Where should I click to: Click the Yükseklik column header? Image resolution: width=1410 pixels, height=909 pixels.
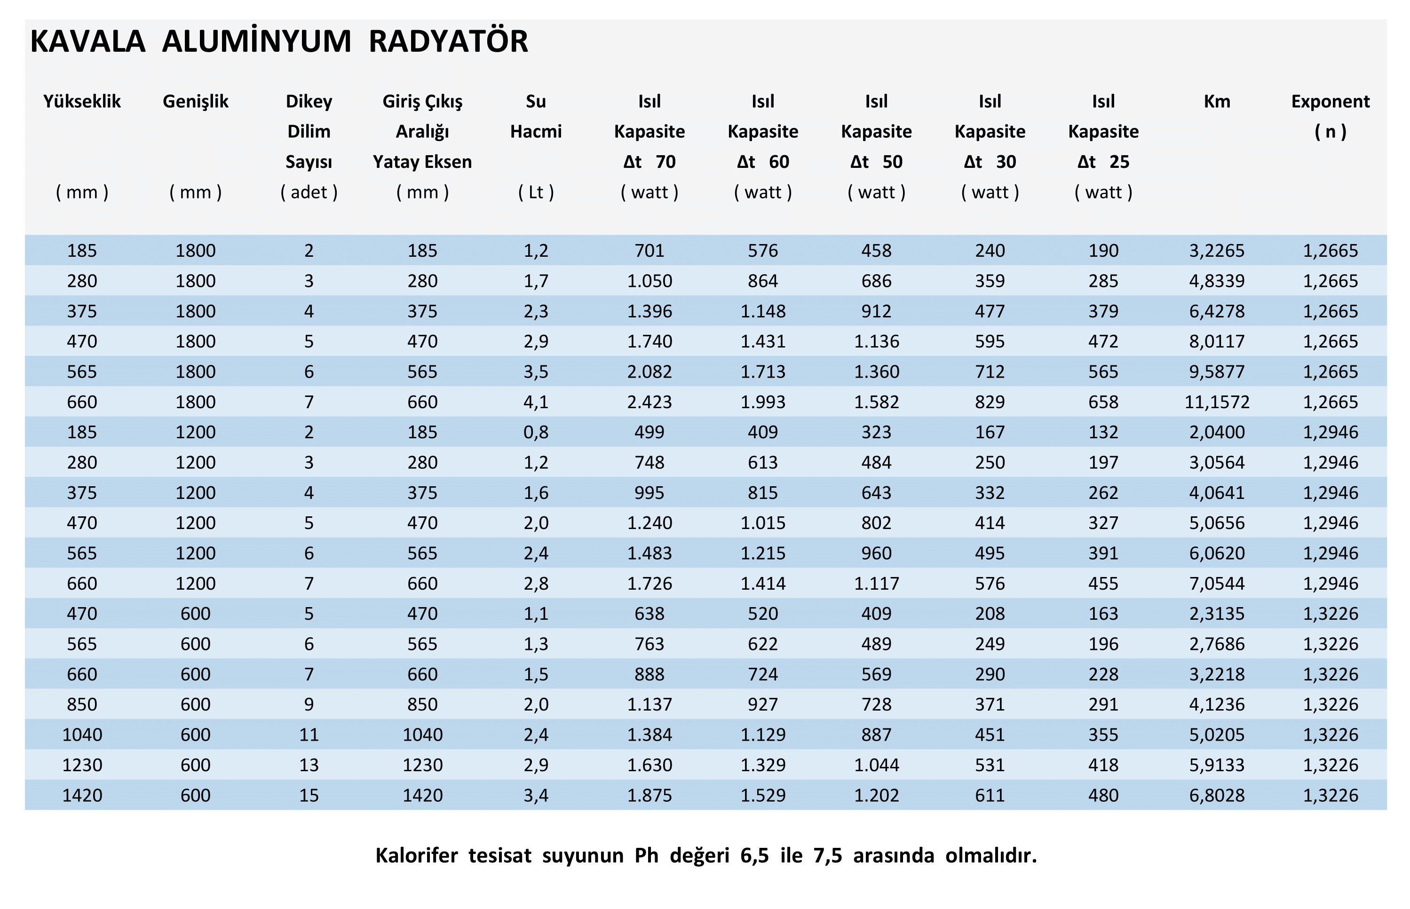pos(81,102)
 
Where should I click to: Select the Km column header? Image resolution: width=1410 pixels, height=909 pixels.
pos(1216,102)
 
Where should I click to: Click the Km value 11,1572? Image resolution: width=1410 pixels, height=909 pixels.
pos(1216,402)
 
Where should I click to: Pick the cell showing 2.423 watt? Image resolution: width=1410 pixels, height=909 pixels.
pos(649,402)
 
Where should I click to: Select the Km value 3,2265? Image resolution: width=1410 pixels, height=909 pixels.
pos(1216,251)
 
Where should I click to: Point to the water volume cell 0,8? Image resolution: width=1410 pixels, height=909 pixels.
pos(536,432)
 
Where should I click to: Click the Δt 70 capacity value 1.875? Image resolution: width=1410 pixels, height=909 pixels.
pos(649,795)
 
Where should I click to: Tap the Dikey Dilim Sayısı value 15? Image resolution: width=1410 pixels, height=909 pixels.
pos(309,795)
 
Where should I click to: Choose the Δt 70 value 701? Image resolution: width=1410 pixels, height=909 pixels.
pos(649,251)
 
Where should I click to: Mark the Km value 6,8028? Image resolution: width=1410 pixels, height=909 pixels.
pos(1216,795)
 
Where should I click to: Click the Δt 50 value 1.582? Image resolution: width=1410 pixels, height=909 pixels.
pos(877,402)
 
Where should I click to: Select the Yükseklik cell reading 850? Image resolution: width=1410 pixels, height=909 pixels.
pos(81,704)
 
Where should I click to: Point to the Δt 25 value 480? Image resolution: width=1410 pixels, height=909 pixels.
pos(1103,795)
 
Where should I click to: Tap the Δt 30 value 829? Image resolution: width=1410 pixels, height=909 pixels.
pos(990,402)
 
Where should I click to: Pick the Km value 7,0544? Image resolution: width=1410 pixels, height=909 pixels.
pos(1216,583)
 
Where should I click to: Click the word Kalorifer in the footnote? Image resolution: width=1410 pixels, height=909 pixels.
pos(416,855)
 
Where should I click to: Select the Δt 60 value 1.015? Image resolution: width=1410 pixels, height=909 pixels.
pos(762,523)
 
